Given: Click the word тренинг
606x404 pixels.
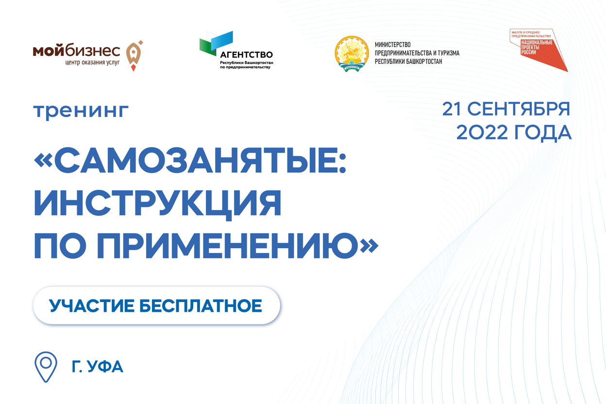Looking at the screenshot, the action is coord(81,111).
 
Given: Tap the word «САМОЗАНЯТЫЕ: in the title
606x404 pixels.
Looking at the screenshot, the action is coord(190,160).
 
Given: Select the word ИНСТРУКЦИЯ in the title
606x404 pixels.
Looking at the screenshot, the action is coord(157,204).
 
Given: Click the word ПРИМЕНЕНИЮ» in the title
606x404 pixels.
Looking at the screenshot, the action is coord(237,245).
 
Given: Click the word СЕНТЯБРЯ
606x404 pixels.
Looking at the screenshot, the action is coord(519,109).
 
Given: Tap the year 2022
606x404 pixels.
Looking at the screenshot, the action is coord(482,133).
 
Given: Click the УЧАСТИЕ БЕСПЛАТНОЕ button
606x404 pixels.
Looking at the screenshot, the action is coord(156,305).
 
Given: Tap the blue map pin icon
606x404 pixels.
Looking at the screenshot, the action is coord(46,367).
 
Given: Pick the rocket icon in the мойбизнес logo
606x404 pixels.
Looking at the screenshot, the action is coord(134,56).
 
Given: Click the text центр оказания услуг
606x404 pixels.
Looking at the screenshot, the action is coord(93,63).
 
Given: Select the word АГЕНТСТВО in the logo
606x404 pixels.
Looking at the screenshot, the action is coord(247,55).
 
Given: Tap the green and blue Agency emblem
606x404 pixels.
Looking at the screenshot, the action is coord(216,43).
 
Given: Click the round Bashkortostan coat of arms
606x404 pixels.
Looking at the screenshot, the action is coord(352,53).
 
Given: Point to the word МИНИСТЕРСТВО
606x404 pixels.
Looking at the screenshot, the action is coord(392,45).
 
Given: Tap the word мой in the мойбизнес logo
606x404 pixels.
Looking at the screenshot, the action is coord(49,51).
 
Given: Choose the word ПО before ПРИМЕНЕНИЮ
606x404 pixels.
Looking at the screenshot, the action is coord(60,245).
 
